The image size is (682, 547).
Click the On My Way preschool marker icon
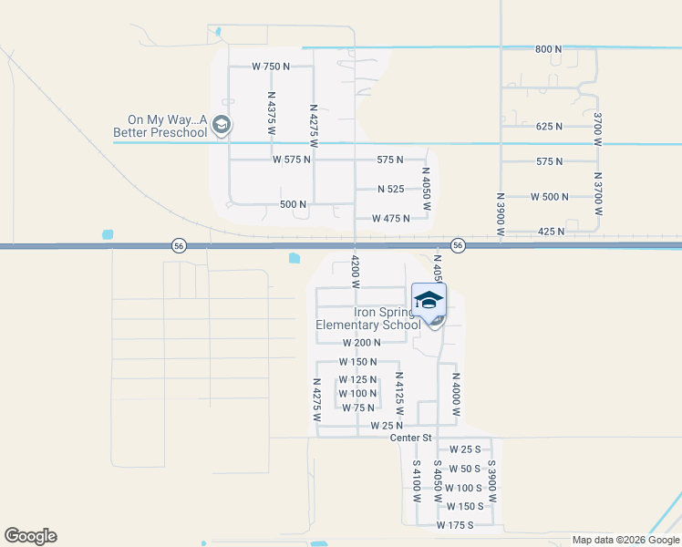point(221,125)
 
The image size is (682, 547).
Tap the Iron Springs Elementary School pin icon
point(429,300)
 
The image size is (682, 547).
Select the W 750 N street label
point(271,67)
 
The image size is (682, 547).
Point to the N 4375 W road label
point(271,113)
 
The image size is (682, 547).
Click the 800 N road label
point(549,48)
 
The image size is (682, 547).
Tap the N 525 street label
point(398,189)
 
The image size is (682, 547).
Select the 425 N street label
point(550,232)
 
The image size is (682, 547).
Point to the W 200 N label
point(360,342)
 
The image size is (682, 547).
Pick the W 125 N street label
point(357,379)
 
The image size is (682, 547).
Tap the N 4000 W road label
point(455,393)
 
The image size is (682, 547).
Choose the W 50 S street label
point(464,469)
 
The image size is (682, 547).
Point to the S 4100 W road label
point(416,482)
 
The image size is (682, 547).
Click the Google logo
point(30,536)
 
